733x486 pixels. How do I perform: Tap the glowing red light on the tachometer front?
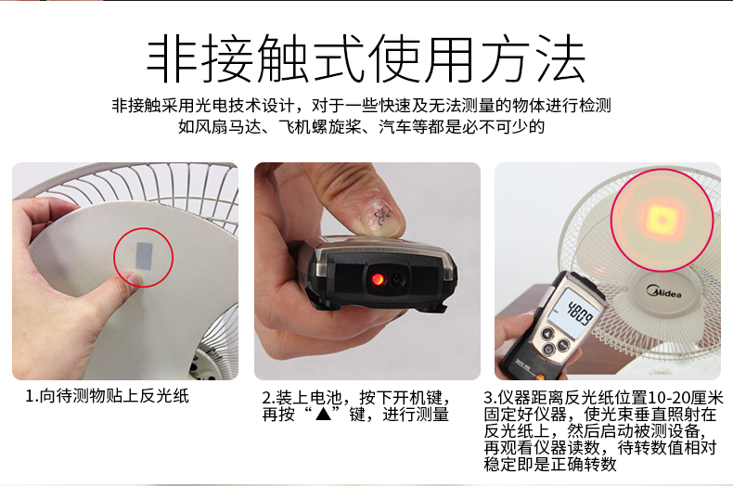377,279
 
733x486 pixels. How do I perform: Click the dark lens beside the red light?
398,279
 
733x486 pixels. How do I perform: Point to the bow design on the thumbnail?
383,215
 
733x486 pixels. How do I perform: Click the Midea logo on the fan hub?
664,291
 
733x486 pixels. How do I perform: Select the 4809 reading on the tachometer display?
579,313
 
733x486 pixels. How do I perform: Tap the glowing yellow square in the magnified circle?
662,220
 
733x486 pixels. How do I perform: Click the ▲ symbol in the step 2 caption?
323,414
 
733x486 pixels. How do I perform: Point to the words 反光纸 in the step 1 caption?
164,396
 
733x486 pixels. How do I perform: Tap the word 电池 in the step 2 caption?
326,397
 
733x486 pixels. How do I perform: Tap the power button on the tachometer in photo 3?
547,350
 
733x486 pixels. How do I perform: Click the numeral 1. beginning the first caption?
32,396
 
